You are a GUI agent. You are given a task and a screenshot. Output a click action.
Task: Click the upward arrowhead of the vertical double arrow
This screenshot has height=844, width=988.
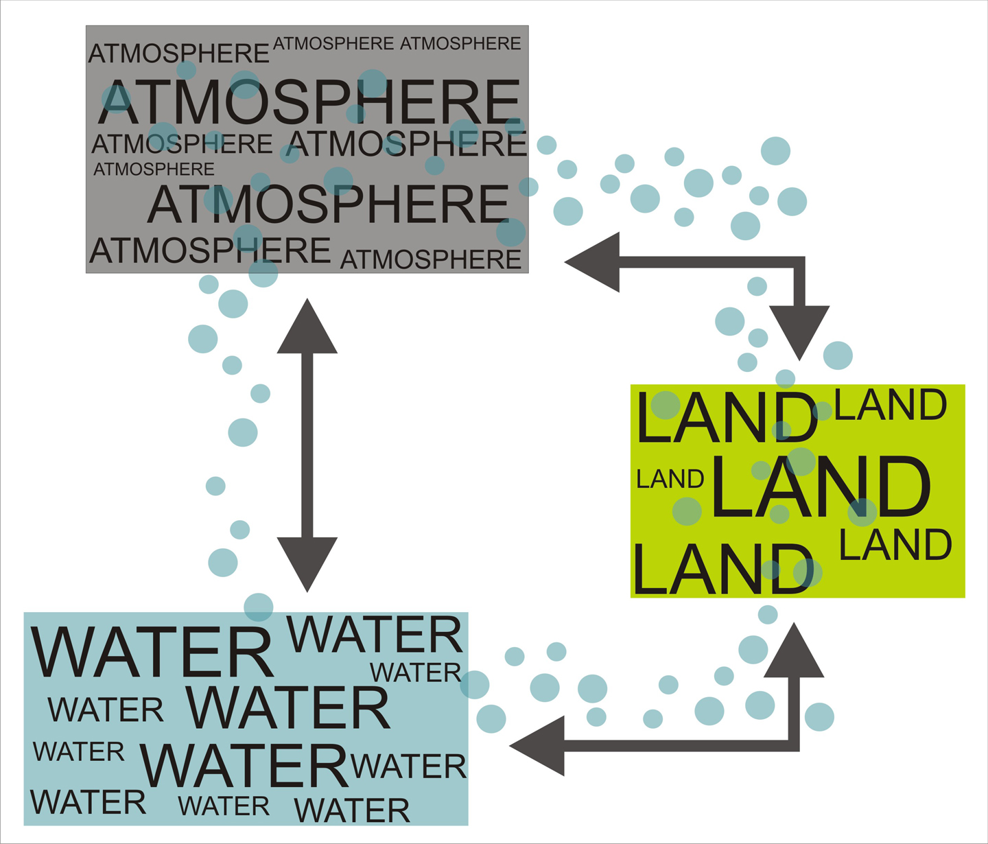pos(307,331)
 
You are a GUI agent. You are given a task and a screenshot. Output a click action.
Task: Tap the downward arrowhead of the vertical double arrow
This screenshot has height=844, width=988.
pos(307,561)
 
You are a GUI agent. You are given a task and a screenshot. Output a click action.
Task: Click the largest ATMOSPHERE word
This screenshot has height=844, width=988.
pos(308,102)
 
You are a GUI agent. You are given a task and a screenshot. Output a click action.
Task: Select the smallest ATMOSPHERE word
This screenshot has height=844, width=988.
pos(154,169)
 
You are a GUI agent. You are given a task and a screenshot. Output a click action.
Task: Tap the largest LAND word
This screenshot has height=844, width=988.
pos(821,487)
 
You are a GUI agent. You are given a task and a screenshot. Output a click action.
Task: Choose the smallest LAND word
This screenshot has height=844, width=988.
pos(670,478)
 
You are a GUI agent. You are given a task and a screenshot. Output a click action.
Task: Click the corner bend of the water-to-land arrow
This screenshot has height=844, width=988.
pos(794,746)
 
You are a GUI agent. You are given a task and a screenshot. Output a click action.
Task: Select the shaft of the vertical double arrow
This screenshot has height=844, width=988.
pos(307,445)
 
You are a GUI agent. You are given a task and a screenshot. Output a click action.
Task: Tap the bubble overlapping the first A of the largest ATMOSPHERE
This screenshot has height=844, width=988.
pos(116,99)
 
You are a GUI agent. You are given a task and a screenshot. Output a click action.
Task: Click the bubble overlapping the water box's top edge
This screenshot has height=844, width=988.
pos(259,607)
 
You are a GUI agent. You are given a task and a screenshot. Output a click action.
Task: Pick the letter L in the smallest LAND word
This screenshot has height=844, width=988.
pos(642,478)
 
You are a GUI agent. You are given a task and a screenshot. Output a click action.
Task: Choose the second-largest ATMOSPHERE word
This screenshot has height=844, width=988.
pos(328,204)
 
